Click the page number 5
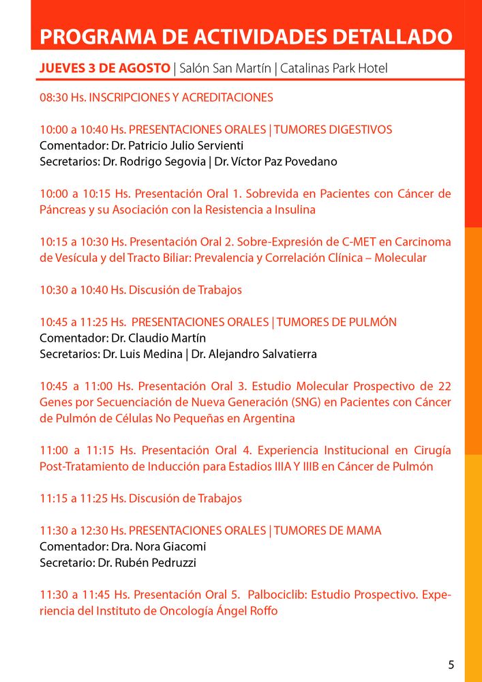451,665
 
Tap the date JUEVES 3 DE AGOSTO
105,69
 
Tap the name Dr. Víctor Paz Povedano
276,162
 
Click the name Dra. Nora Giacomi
157,546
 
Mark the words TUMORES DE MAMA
325,531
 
